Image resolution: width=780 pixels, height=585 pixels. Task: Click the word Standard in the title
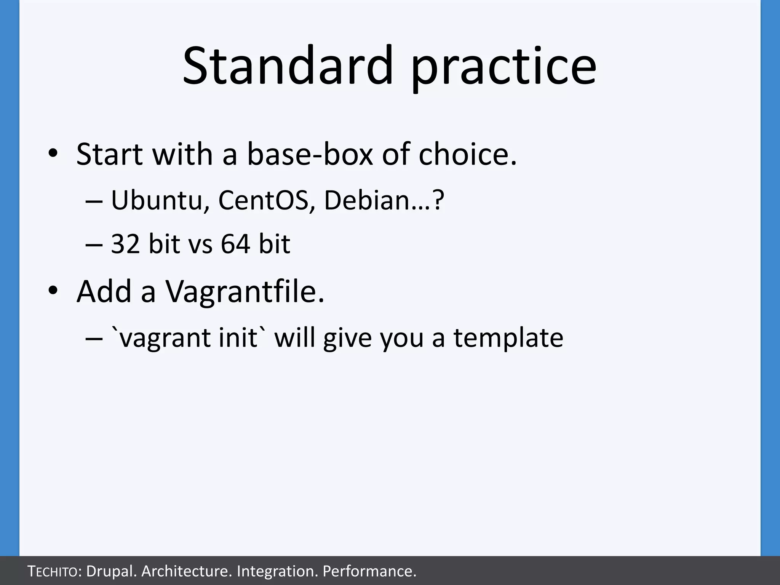288,66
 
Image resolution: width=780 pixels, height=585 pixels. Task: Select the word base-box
310,154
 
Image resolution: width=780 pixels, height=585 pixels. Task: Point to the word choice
467,154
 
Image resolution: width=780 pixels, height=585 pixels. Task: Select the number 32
125,244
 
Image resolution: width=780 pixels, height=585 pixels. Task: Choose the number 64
235,244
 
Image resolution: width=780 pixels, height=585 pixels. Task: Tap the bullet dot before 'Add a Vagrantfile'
53,291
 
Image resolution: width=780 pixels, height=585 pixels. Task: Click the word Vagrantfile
245,292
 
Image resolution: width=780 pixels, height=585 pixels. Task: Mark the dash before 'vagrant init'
94,338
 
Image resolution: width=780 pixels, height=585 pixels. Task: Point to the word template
508,338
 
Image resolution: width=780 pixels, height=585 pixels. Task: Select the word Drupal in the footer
112,571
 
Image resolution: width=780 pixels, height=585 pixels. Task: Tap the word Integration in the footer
277,571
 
